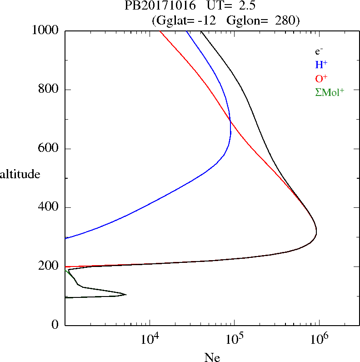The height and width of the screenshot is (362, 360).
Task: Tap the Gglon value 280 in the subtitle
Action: tap(285, 20)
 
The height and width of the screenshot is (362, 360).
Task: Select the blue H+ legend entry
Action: tap(321, 65)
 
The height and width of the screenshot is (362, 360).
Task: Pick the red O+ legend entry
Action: tap(321, 79)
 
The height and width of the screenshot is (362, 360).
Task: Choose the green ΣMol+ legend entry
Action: tap(330, 92)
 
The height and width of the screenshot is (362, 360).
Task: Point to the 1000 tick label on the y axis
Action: tap(46, 30)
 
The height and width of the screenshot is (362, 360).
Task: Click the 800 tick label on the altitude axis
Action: tap(49, 90)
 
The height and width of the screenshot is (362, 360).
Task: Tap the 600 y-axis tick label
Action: tap(49, 149)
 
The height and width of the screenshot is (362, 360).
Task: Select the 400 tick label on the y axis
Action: tap(49, 208)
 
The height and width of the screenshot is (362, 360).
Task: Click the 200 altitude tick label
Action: tap(49, 266)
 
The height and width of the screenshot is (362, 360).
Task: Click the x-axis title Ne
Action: tap(212, 357)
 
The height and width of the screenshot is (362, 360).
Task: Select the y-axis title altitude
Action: tap(20, 174)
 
